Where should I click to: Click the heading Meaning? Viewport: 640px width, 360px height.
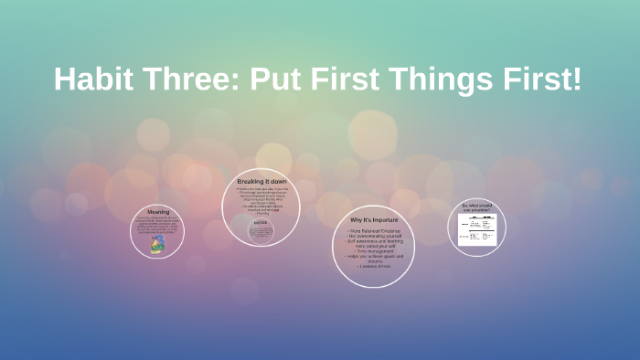(x=157, y=211)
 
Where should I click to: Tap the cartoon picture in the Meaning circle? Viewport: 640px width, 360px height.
(x=157, y=244)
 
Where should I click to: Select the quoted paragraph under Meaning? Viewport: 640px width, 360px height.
(x=157, y=225)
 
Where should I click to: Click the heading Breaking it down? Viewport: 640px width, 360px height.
(x=261, y=182)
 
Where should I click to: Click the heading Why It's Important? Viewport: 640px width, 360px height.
(x=374, y=219)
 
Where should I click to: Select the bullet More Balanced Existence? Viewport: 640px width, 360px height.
(x=374, y=231)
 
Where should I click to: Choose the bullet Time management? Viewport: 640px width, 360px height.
(x=374, y=250)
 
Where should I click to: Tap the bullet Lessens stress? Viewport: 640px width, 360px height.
(x=374, y=266)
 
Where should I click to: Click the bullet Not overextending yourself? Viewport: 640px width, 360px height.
(x=374, y=236)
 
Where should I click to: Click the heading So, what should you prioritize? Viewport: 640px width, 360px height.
(x=477, y=207)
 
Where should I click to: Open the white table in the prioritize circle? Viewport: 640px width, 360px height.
(x=477, y=229)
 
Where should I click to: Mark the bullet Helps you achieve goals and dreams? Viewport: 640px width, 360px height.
(x=374, y=258)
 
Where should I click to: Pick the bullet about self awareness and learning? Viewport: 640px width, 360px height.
(x=374, y=243)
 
